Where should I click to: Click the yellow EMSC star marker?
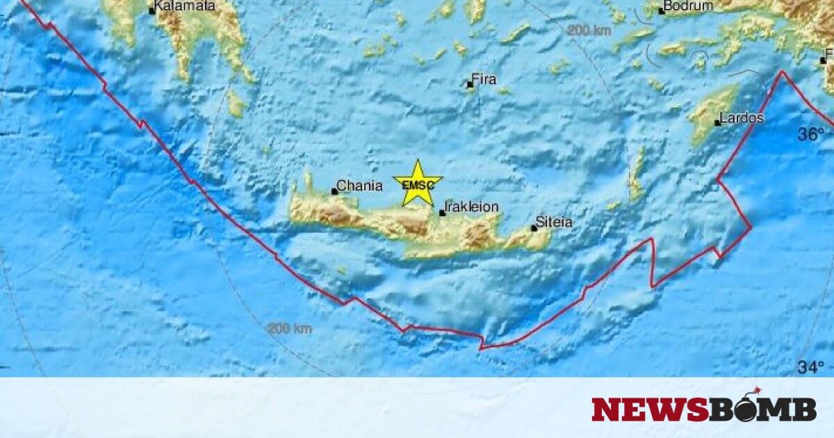point(418,184)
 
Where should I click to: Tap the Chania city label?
point(360,186)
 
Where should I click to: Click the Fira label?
point(484,79)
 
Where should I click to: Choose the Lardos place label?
point(742,118)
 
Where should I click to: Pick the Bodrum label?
point(688,6)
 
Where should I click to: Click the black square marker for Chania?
point(334,191)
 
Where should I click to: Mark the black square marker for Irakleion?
point(442,213)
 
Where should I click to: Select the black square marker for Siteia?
point(534,228)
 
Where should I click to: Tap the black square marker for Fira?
point(471,86)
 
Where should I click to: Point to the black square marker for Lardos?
point(718,123)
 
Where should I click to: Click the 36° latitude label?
point(810,135)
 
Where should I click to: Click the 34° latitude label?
point(810,366)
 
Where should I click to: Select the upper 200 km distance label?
point(589,30)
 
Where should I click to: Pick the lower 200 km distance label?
point(290,328)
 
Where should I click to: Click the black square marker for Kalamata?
point(152,11)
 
